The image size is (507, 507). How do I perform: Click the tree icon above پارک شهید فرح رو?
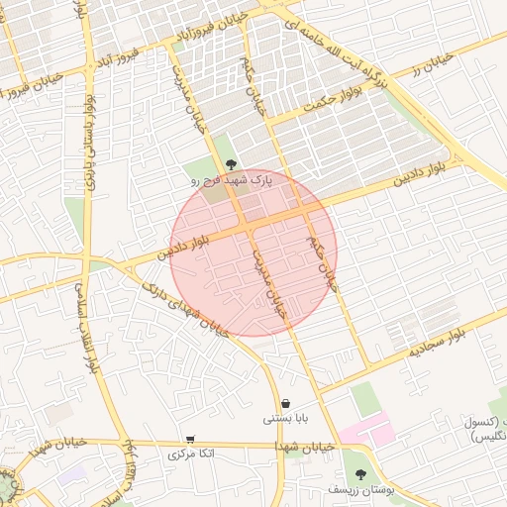(232, 164)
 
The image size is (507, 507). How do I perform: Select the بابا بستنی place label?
(286, 419)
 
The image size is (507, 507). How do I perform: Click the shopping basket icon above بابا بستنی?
(286, 403)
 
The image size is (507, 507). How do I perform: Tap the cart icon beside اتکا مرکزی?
(190, 439)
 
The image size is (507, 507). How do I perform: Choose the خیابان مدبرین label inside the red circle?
(268, 281)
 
